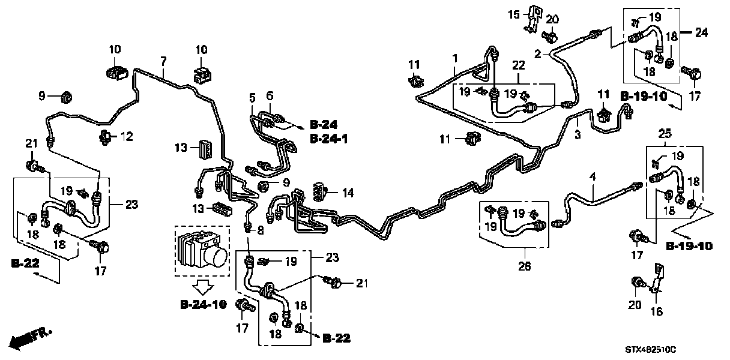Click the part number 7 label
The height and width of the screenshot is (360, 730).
[x=163, y=61]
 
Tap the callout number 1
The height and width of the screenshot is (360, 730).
[x=455, y=58]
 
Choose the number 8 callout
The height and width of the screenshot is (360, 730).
[x=261, y=230]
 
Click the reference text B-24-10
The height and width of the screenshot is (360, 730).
[x=204, y=305]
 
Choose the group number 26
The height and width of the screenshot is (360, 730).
[x=525, y=266]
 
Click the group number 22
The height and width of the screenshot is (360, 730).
[x=518, y=65]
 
